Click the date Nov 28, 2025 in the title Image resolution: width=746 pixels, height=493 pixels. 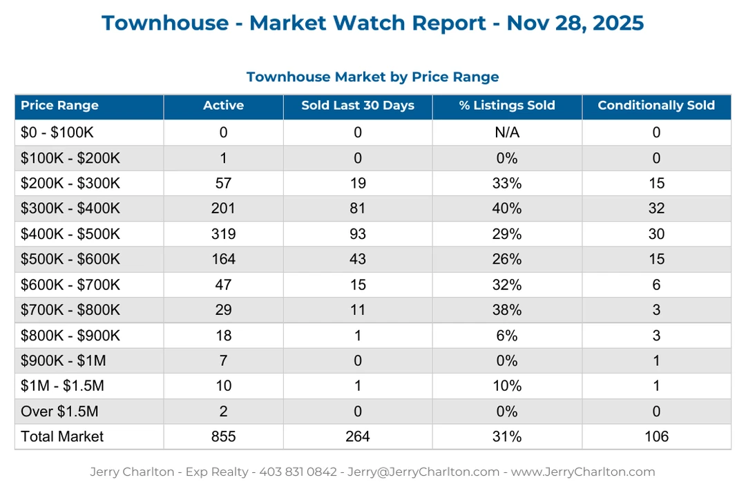(575, 23)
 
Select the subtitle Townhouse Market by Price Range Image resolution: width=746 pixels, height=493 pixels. (372, 77)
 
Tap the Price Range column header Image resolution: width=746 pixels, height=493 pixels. (59, 106)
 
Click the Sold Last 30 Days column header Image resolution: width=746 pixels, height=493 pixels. (358, 106)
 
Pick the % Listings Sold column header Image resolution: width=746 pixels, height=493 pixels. (507, 106)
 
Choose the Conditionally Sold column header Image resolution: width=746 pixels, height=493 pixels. (656, 106)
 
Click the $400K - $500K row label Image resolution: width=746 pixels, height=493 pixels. (70, 234)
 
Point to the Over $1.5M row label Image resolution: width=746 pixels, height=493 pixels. (59, 412)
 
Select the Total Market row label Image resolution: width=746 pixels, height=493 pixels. (62, 436)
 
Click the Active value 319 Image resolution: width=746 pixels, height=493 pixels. (223, 234)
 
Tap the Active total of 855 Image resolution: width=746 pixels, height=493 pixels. (223, 436)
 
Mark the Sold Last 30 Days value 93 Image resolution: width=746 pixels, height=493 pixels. (358, 234)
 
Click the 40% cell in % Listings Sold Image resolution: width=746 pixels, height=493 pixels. (507, 209)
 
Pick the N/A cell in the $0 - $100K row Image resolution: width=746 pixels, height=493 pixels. (507, 133)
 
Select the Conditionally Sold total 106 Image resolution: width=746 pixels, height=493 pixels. (656, 436)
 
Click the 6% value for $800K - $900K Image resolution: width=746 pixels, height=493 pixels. (507, 336)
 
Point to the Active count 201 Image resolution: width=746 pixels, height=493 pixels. (223, 209)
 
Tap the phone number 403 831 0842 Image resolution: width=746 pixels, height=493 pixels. (298, 472)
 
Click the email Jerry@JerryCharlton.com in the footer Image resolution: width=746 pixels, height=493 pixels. (423, 472)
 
